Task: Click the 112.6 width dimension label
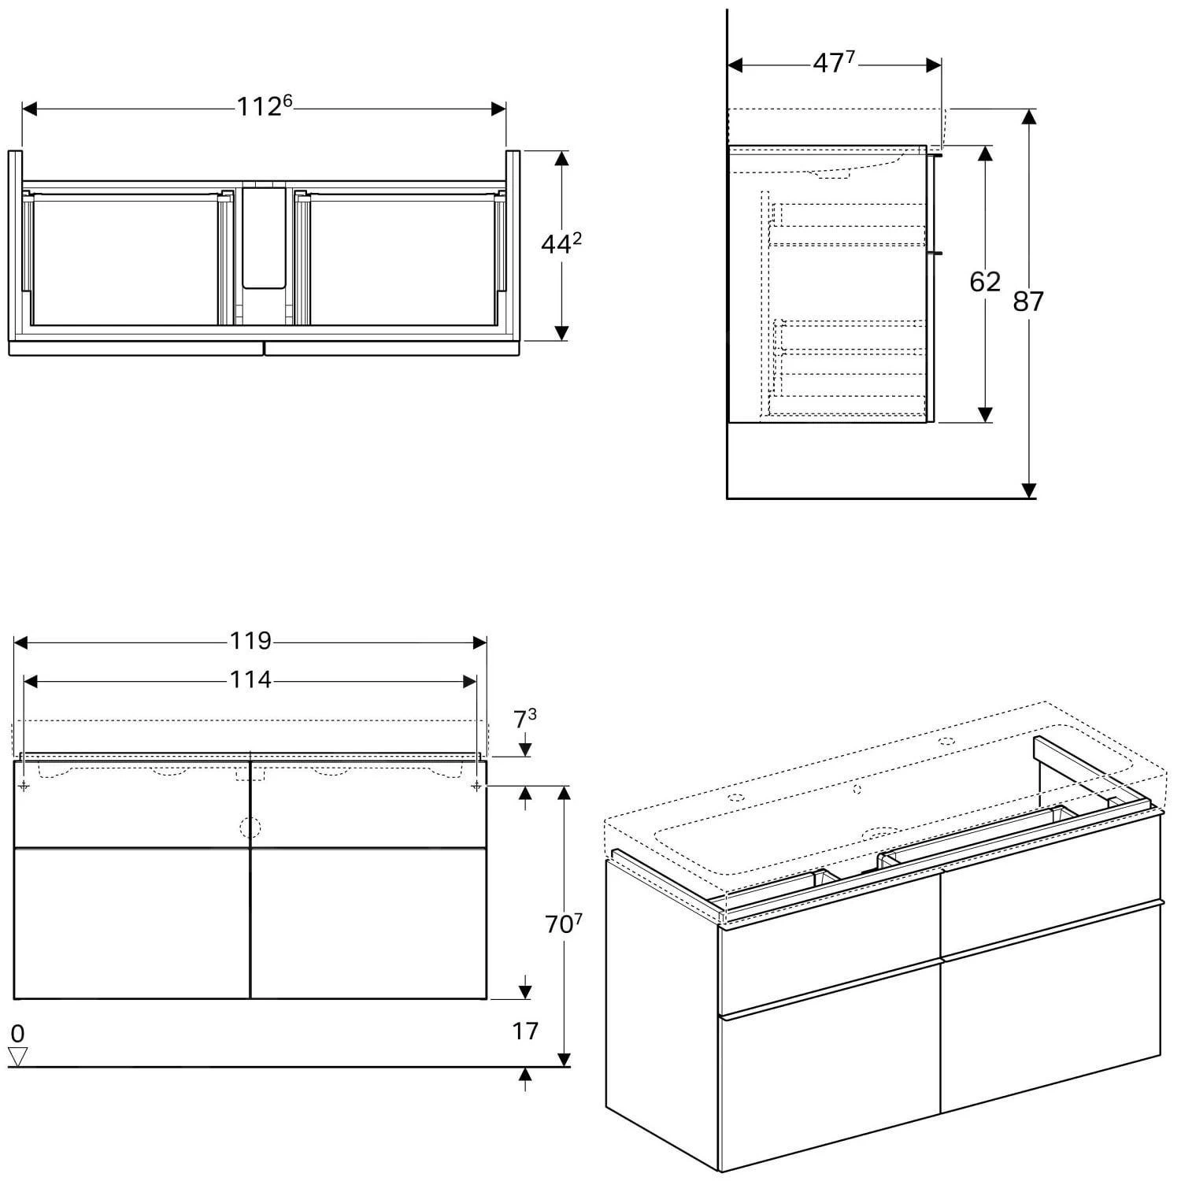pos(265,106)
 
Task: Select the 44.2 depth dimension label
pos(561,245)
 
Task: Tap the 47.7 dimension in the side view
pos(834,63)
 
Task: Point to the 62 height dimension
pos(984,282)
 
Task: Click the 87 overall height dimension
pos(1027,302)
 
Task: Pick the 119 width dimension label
pos(250,642)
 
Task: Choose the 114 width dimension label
pos(250,679)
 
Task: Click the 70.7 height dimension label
pos(563,924)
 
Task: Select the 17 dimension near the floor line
pos(525,1031)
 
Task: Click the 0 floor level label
pos(17,1033)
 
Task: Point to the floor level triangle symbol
pos(17,1057)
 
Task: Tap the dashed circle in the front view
pos(250,827)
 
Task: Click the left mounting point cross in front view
pos(24,786)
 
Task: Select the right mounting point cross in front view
pos(476,786)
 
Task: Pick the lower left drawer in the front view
pos(131,923)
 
